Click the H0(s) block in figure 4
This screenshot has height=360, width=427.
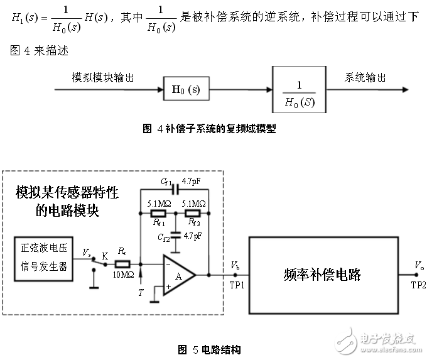[x=186, y=90]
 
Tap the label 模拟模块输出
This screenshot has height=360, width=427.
[x=103, y=77]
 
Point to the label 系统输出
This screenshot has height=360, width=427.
[x=365, y=77]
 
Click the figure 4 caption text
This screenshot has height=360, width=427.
[x=210, y=129]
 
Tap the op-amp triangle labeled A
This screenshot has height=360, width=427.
[x=178, y=274]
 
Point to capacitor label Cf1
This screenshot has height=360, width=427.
[x=166, y=183]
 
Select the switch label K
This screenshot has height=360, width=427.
[x=104, y=254]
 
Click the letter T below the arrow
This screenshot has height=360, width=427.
[x=141, y=293]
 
